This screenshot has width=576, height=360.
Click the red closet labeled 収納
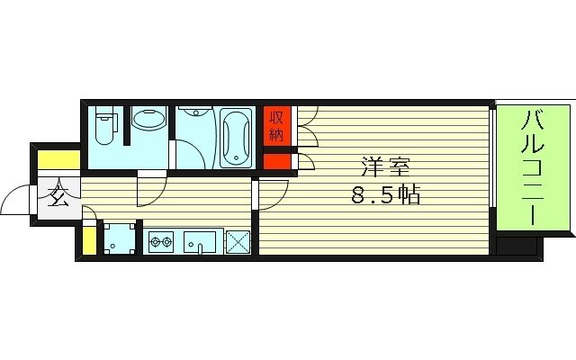click(x=276, y=125)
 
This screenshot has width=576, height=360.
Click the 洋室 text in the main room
click(x=381, y=167)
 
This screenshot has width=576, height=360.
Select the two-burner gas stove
click(x=161, y=241)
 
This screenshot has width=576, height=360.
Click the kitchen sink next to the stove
click(x=201, y=241)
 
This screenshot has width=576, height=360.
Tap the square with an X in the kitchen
click(x=238, y=241)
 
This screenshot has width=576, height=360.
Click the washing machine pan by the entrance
click(x=118, y=238)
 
